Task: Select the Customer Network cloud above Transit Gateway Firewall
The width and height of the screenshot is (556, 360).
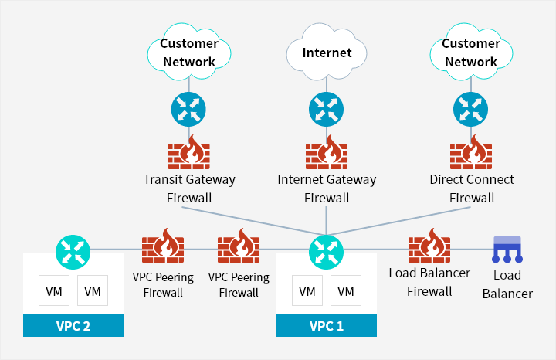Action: tap(188, 53)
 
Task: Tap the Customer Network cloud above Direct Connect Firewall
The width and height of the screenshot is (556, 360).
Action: tap(470, 53)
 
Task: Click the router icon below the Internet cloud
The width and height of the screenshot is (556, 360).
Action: tap(327, 110)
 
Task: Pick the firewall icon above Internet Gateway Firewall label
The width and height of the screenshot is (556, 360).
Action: tap(327, 154)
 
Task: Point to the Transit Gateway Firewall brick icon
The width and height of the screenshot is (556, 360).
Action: tap(189, 154)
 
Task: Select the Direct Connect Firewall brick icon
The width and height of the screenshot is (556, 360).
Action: tap(471, 154)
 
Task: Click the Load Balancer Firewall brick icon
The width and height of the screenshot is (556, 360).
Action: tap(429, 247)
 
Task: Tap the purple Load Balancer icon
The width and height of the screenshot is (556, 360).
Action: tap(507, 249)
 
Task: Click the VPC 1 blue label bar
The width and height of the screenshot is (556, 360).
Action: tap(327, 325)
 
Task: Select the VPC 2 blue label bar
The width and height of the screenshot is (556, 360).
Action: tap(73, 325)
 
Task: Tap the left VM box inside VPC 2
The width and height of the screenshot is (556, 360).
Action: tap(54, 291)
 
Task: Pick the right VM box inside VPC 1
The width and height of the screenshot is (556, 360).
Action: tap(346, 291)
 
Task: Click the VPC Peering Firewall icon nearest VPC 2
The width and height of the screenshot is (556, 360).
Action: tap(163, 247)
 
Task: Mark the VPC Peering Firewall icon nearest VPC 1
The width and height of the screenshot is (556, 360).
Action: tap(239, 247)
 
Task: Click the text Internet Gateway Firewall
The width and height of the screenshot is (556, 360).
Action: tap(327, 188)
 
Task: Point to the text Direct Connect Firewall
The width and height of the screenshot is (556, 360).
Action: tap(471, 188)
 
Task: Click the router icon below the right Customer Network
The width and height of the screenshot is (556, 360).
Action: tap(471, 110)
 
